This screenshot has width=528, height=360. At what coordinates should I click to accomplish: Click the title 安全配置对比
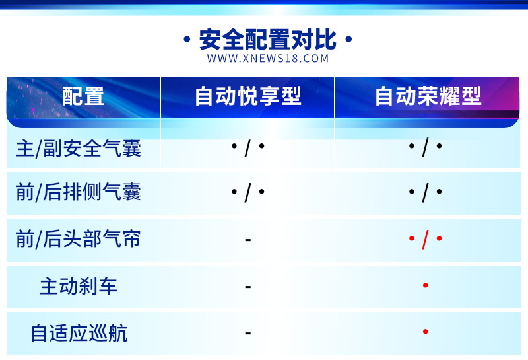point(268,40)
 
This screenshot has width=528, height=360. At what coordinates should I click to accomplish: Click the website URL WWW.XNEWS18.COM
point(268,59)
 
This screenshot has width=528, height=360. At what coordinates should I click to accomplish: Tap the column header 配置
point(83,96)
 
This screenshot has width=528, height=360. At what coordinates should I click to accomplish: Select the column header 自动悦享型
point(248,96)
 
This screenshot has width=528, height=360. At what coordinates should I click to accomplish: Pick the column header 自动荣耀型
point(428,96)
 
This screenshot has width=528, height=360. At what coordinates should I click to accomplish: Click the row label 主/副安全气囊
point(79,148)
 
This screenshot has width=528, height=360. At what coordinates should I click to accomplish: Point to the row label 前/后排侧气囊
point(79,192)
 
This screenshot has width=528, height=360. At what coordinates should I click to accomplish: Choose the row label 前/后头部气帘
point(79,238)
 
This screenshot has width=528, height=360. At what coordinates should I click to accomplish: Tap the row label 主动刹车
point(79,286)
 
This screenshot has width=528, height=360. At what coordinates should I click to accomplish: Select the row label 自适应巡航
point(79,333)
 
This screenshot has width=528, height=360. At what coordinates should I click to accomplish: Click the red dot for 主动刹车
point(425,285)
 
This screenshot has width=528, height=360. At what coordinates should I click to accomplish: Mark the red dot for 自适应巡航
point(425,332)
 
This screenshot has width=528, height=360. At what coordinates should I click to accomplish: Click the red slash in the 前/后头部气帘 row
point(425,239)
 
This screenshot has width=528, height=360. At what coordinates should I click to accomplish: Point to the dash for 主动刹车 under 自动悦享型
point(248,287)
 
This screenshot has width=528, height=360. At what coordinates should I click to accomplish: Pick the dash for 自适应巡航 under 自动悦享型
point(248,334)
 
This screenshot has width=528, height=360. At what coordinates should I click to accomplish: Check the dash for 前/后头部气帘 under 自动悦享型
point(248,240)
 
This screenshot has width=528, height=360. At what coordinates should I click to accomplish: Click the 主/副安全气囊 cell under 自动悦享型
point(248,147)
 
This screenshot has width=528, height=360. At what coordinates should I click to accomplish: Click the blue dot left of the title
point(187,40)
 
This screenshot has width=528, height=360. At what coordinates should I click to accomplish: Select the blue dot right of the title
point(349,40)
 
